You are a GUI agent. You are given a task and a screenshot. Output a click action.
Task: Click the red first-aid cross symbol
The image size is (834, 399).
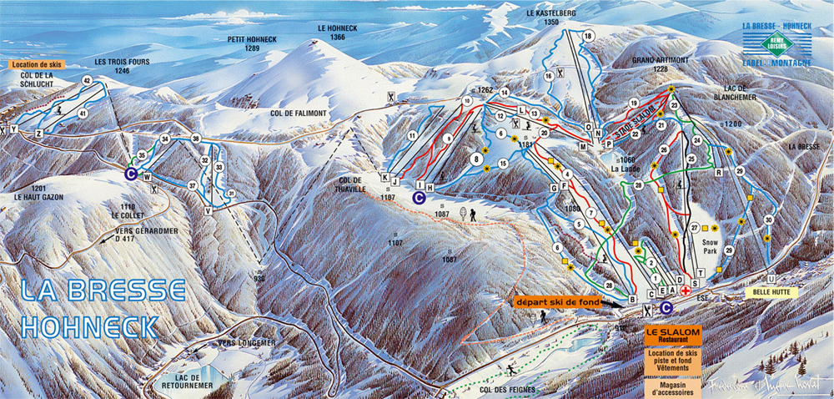686,290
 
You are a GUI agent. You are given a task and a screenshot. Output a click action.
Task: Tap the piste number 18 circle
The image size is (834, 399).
588,36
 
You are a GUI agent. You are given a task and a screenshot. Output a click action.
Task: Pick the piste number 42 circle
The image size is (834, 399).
87,80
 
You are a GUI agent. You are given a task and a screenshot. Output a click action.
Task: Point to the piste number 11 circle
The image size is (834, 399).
411,135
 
